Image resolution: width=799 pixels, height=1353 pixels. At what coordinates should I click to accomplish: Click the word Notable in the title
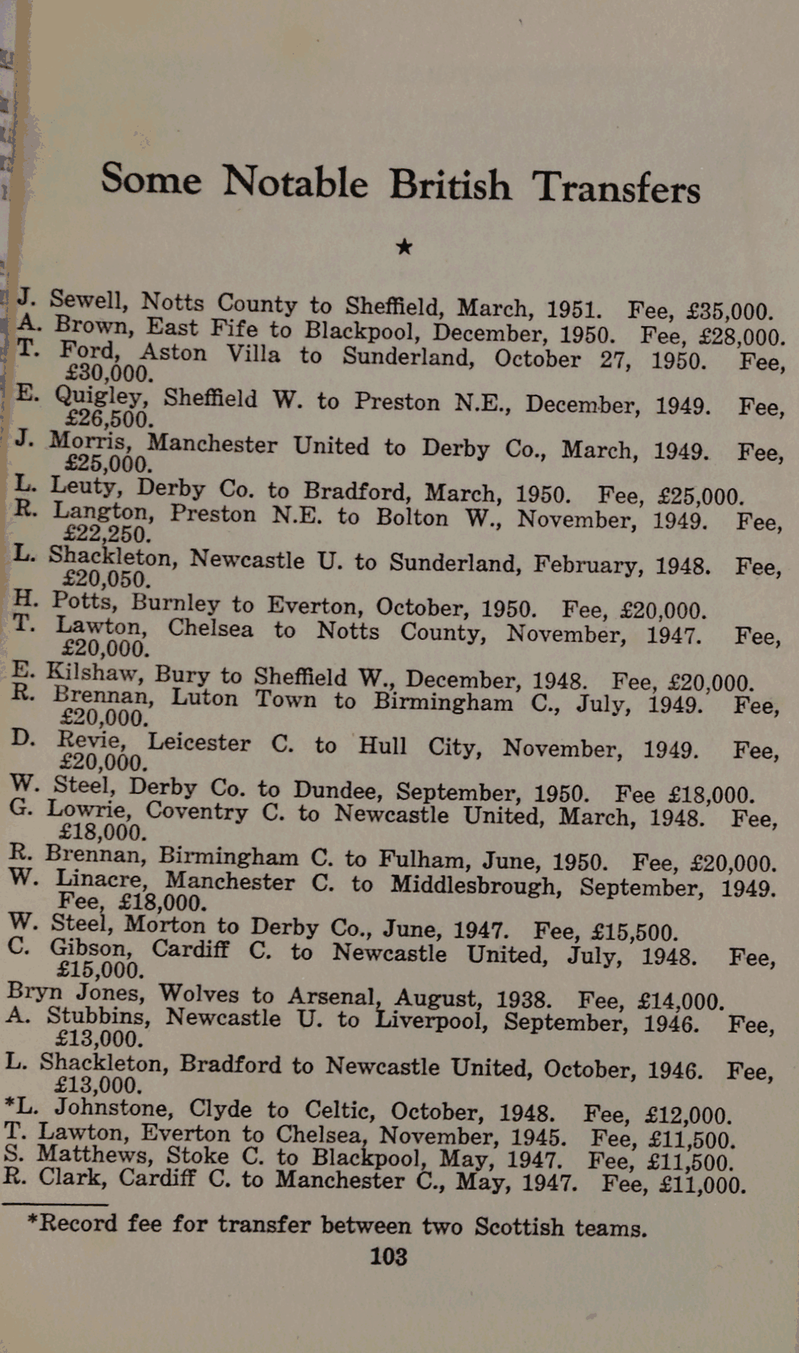coord(295,182)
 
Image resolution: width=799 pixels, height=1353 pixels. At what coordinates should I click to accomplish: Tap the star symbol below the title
coord(405,247)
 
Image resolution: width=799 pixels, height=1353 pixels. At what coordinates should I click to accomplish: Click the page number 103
coord(388,1256)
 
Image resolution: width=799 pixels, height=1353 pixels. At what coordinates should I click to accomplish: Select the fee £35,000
coord(729,312)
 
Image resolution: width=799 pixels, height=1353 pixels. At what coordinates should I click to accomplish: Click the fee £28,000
coord(739,337)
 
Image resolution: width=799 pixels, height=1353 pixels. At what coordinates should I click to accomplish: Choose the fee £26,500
coord(108,419)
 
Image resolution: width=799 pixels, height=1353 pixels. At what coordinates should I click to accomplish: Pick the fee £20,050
coord(106,578)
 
